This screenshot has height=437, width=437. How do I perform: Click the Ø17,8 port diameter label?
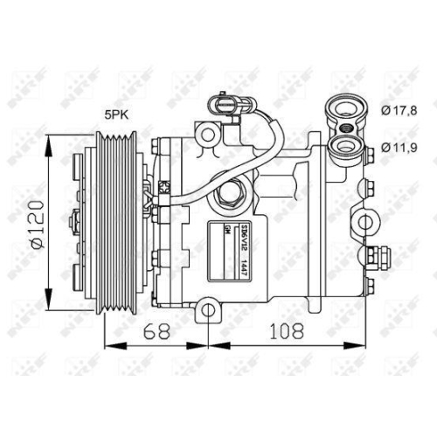click(401, 109)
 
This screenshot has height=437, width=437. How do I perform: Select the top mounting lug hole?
click(206, 134)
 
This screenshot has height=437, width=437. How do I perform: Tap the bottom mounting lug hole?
click(206, 309)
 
